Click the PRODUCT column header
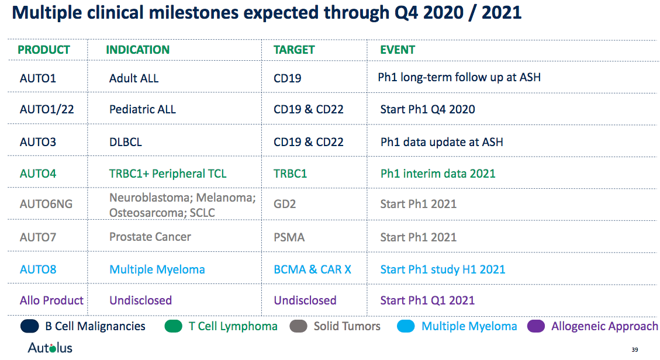(44, 50)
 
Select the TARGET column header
(294, 50)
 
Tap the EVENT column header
(398, 50)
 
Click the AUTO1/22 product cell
(47, 109)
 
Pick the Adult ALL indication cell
(134, 78)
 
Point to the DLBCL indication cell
(126, 142)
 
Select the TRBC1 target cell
(290, 174)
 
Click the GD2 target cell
(285, 204)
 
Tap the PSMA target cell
(289, 237)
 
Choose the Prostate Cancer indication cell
(150, 237)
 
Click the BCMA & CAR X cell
(312, 269)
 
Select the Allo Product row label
(51, 300)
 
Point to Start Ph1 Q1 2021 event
(427, 300)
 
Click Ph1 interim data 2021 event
(438, 174)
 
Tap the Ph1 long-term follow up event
(459, 77)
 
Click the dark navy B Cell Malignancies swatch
(29, 326)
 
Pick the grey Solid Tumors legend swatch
(298, 326)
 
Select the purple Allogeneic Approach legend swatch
(536, 326)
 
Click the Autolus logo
(50, 348)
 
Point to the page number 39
(635, 350)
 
